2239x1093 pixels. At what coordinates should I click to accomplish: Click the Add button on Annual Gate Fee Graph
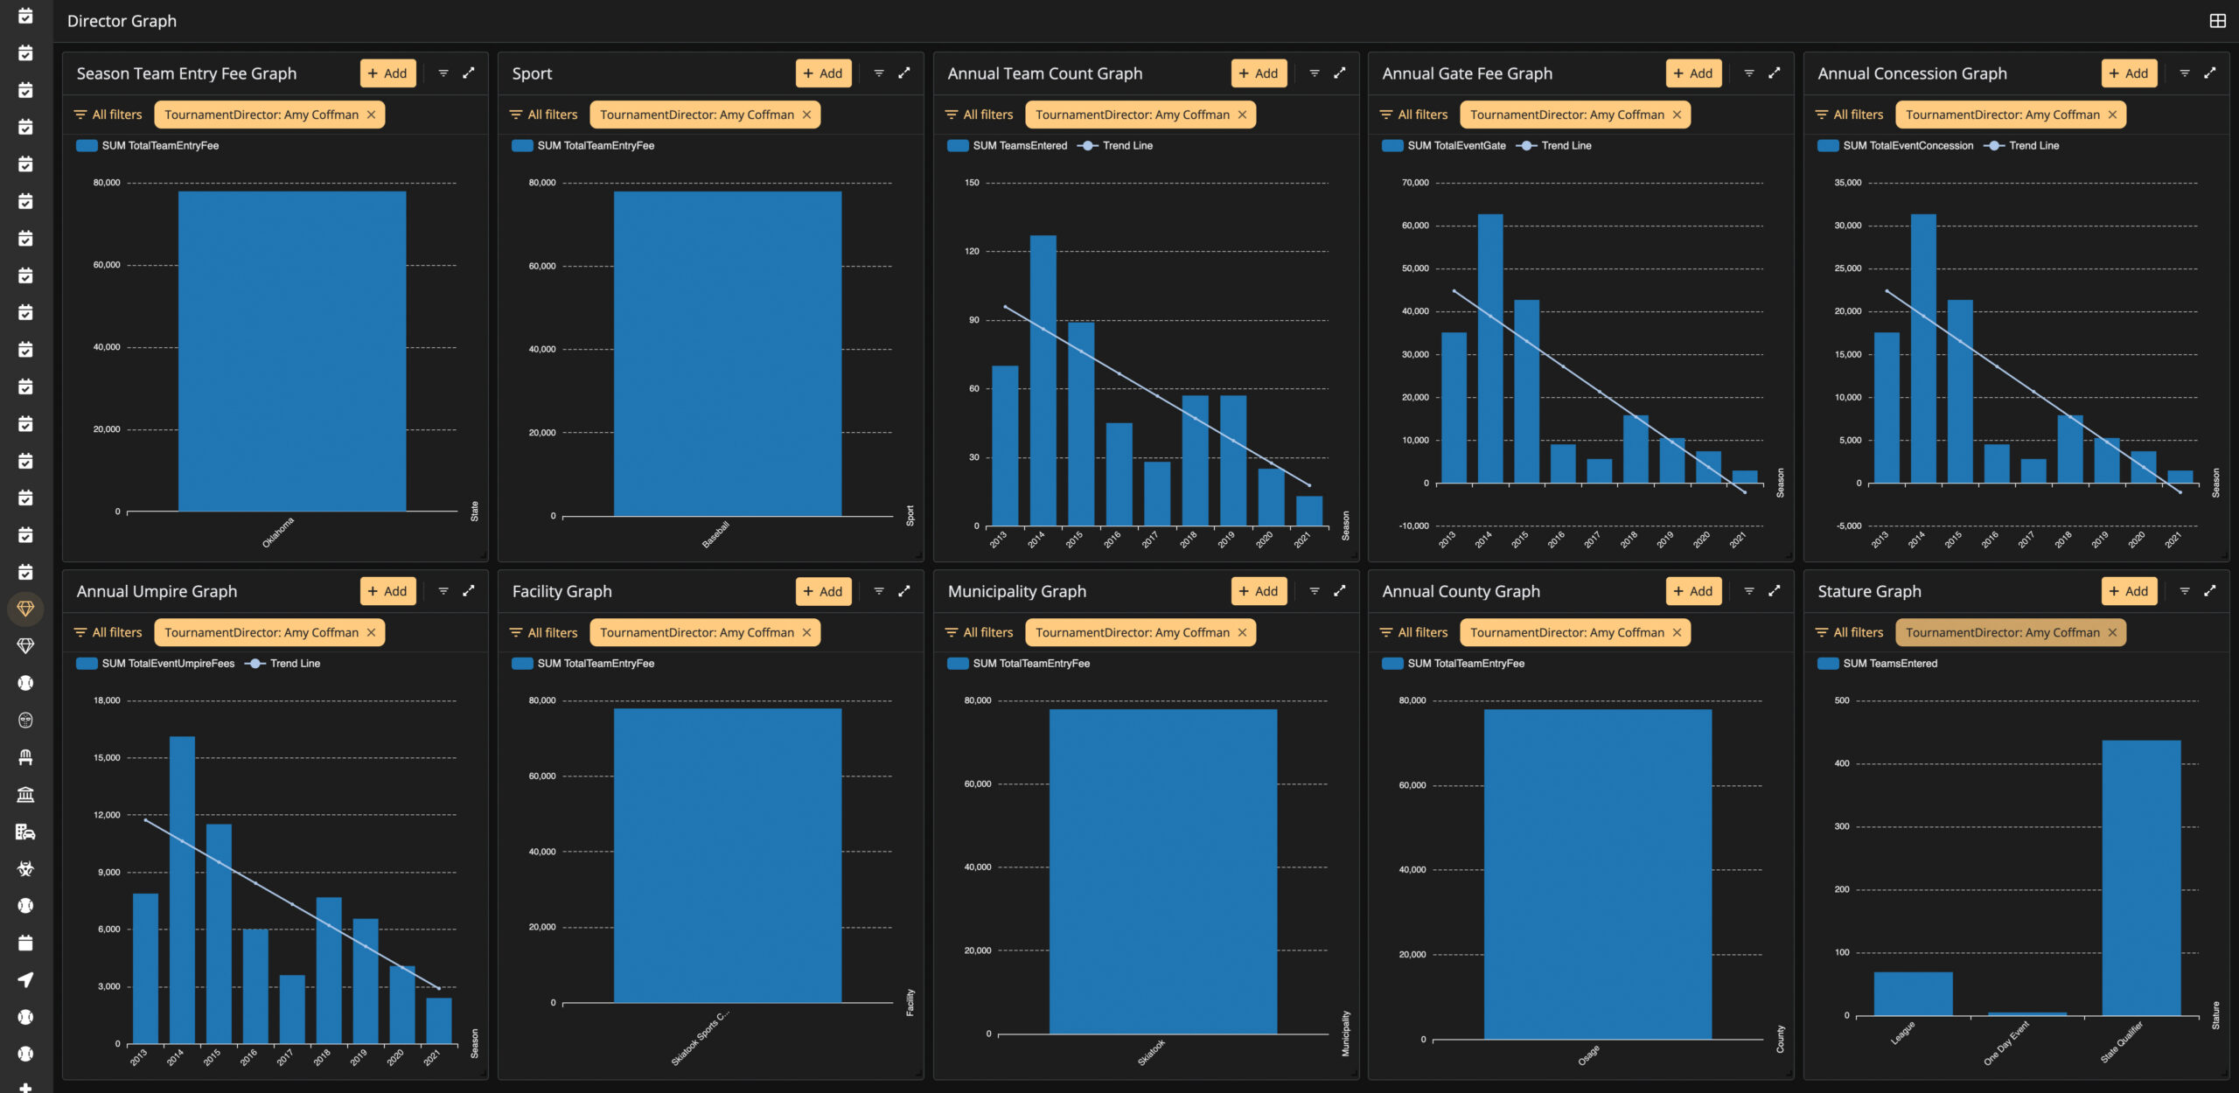[x=1693, y=73]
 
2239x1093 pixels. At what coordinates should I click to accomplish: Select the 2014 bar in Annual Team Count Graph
[x=1043, y=380]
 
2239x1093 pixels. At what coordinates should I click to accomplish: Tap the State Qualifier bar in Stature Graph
[x=2141, y=878]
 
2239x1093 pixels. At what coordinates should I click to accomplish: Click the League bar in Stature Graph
[x=1913, y=993]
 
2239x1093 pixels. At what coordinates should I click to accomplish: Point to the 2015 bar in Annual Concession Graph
[x=1960, y=392]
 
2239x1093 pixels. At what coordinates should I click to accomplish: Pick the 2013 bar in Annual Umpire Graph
[x=145, y=968]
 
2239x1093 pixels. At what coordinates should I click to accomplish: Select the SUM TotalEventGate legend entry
[x=1445, y=146]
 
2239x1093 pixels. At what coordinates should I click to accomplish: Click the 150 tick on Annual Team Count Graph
[x=972, y=183]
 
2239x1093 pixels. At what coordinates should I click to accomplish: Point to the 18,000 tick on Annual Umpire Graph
[x=107, y=700]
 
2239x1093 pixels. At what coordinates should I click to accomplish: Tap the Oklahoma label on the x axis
[x=278, y=533]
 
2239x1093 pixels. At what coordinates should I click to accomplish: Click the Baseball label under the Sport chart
[x=715, y=534]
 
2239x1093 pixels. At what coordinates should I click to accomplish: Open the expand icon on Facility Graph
[x=904, y=591]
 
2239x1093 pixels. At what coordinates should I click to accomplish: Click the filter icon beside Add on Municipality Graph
[x=1315, y=591]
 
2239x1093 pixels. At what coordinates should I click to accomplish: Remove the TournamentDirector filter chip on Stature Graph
[x=2112, y=632]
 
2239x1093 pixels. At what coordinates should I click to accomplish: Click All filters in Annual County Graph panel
[x=1413, y=632]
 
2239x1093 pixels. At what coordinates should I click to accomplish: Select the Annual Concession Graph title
[x=1912, y=73]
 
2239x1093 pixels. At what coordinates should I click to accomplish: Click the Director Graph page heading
[x=122, y=21]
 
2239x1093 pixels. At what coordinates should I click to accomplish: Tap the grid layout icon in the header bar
[x=2217, y=21]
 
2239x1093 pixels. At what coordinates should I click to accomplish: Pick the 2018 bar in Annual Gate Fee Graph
[x=1636, y=449]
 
